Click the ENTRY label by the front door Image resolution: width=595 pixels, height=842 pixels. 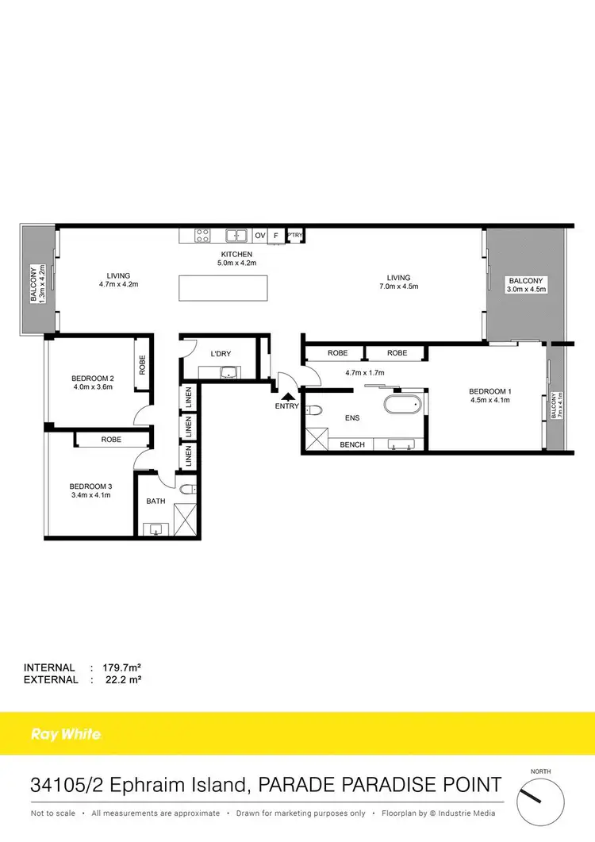click(x=287, y=406)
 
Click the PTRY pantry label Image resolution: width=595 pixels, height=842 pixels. click(x=295, y=235)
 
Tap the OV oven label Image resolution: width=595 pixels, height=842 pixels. click(x=259, y=236)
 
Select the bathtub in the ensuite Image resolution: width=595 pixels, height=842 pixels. click(x=405, y=404)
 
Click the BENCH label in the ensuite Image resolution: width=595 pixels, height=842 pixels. click(x=352, y=445)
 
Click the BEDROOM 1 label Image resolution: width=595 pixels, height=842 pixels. click(x=489, y=391)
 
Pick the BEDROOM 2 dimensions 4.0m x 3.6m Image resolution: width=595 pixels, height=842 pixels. click(x=94, y=388)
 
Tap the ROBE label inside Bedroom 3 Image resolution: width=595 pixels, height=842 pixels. click(x=111, y=439)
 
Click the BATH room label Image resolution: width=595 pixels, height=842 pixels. click(x=155, y=501)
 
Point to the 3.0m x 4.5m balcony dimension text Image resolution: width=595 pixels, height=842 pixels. click(x=526, y=290)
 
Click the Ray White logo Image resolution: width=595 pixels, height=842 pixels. click(x=66, y=734)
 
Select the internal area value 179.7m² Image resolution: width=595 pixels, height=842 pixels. click(x=118, y=667)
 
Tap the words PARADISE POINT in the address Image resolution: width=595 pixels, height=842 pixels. click(x=424, y=786)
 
